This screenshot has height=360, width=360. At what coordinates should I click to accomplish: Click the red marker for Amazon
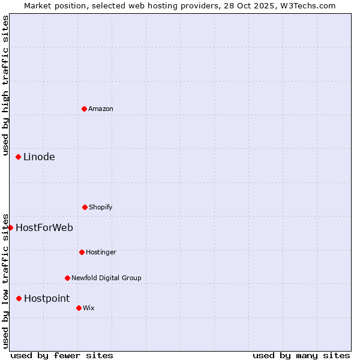click(x=84, y=109)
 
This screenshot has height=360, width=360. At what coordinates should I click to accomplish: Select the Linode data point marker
click(x=18, y=157)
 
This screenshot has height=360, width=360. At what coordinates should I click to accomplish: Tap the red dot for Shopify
click(x=85, y=207)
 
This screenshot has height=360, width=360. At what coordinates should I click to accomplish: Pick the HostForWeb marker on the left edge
click(x=10, y=227)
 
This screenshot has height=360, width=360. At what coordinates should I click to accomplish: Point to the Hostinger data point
click(x=82, y=252)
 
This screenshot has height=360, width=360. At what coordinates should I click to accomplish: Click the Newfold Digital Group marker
click(x=67, y=278)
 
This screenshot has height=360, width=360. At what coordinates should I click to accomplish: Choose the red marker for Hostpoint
click(x=19, y=298)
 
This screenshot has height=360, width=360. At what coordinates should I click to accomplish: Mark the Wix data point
click(x=79, y=308)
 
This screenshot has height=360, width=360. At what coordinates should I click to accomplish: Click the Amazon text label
click(x=101, y=109)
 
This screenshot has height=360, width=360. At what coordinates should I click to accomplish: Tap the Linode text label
click(x=39, y=157)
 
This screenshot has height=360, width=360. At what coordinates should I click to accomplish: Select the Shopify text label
click(x=101, y=207)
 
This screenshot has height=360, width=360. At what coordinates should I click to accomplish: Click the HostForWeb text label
click(x=44, y=227)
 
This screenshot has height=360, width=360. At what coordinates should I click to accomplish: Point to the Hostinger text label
click(x=101, y=252)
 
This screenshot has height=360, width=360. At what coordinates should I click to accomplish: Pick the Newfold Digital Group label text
click(x=106, y=278)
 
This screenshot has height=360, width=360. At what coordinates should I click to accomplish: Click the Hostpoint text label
click(x=47, y=299)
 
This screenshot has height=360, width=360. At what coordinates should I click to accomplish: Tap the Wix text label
click(x=89, y=308)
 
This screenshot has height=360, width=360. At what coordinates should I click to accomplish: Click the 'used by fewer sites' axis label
click(x=62, y=355)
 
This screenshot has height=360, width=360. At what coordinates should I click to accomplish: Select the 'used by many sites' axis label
click(x=301, y=355)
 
